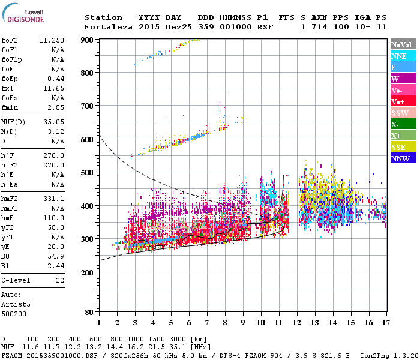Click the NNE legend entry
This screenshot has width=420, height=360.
click(x=403, y=56)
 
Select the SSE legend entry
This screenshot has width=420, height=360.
click(x=403, y=147)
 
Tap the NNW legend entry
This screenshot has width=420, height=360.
click(x=403, y=158)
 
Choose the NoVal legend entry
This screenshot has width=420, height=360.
click(x=403, y=44)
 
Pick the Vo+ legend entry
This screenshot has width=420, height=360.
click(x=403, y=101)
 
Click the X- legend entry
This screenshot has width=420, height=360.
click(x=403, y=124)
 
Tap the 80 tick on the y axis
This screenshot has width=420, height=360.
click(x=88, y=312)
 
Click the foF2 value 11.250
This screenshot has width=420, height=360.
click(x=52, y=40)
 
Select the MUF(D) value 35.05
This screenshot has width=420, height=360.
click(x=54, y=122)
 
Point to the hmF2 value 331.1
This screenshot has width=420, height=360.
click(x=54, y=199)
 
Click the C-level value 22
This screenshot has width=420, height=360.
click(x=60, y=280)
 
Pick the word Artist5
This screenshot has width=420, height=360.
click(x=16, y=304)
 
